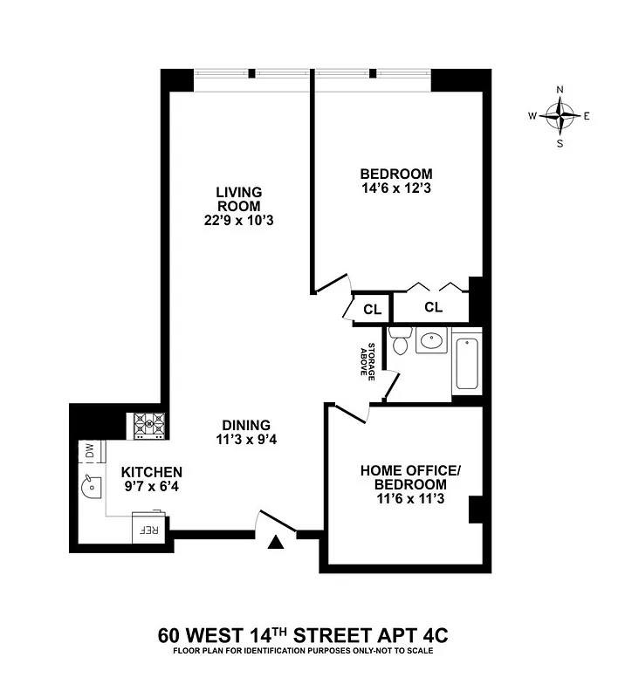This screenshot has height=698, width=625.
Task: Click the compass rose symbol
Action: [560, 115]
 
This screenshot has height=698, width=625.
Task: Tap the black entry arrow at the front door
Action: [276, 543]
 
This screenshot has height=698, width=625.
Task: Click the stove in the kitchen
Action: [148, 425]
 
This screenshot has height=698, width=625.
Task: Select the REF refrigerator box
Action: [147, 528]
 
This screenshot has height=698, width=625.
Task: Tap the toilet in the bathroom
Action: [400, 341]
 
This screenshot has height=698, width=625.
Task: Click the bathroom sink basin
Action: [431, 340]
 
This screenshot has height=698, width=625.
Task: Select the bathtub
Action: [466, 363]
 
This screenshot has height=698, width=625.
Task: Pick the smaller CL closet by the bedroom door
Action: [372, 308]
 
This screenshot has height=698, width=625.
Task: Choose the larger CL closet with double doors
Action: [433, 307]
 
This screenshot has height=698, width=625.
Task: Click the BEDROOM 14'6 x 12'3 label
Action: [396, 181]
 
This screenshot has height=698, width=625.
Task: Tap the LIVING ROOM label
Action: [239, 206]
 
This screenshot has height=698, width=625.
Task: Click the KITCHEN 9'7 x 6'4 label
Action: [151, 478]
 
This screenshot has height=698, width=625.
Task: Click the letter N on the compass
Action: [560, 90]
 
